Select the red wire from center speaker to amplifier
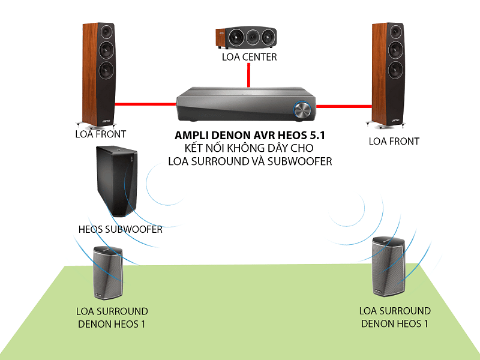tap(248, 77)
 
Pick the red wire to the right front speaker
tap(344, 107)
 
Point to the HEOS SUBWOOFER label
tap(121, 229)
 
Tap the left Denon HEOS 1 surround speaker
tap(107, 272)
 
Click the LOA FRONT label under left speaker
tap(101, 134)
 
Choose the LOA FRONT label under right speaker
tap(394, 141)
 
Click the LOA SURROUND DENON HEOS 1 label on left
tap(112, 318)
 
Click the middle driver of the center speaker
tap(248, 37)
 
